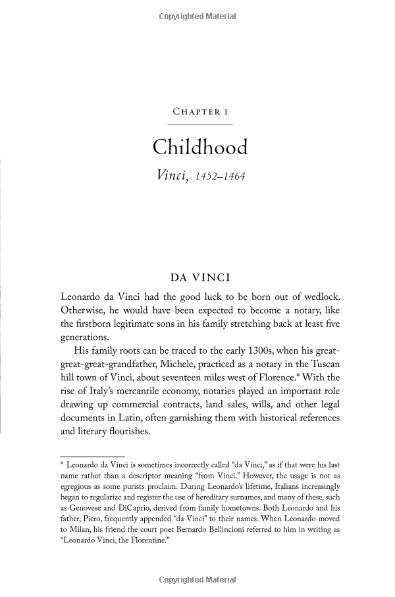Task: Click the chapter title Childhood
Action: (199, 147)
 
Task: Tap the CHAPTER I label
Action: (199, 112)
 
